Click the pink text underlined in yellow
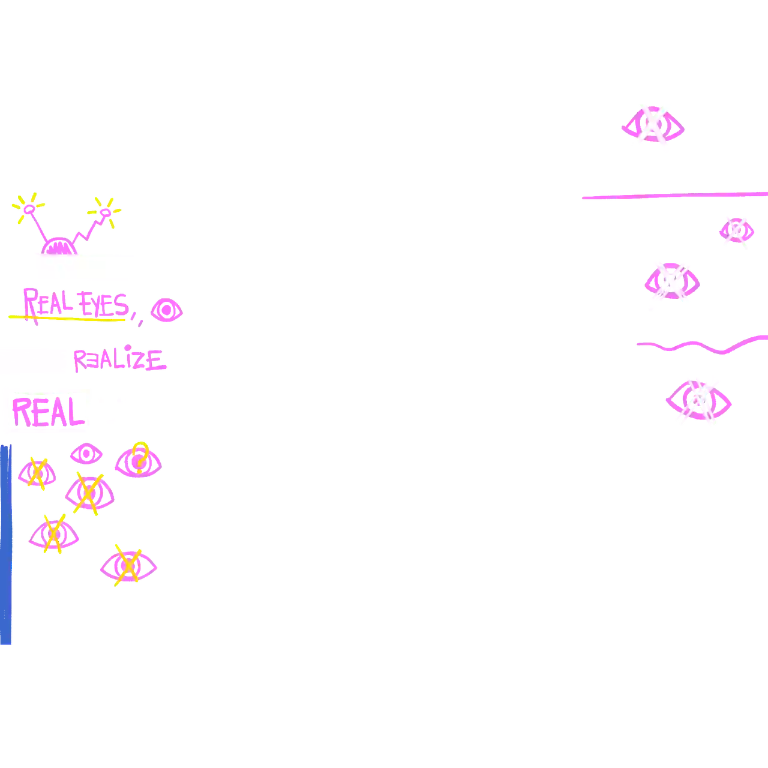pyautogui.click(x=75, y=301)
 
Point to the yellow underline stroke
pyautogui.click(x=66, y=318)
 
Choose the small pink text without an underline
pyautogui.click(x=120, y=359)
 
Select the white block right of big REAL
pyautogui.click(x=135, y=410)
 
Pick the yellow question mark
pyautogui.click(x=140, y=457)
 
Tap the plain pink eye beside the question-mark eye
pyautogui.click(x=87, y=454)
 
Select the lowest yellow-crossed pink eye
pyautogui.click(x=128, y=566)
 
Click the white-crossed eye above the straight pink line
pyautogui.click(x=653, y=125)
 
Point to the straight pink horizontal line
pyautogui.click(x=672, y=196)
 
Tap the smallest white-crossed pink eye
pyautogui.click(x=736, y=231)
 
